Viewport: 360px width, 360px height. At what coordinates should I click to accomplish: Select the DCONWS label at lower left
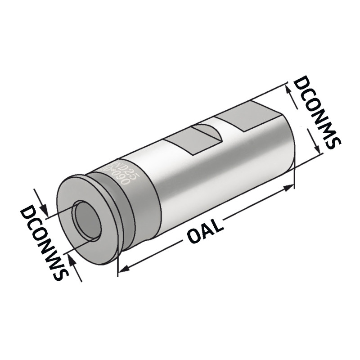pos(43,243)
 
